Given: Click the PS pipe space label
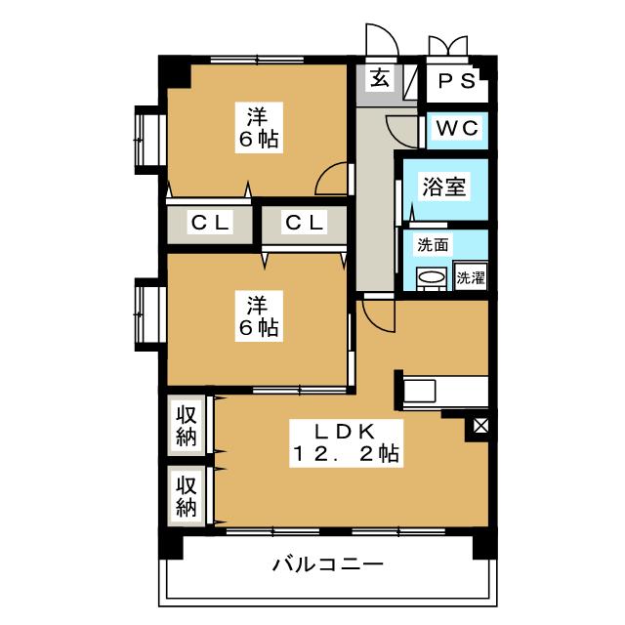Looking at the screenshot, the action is (x=456, y=81).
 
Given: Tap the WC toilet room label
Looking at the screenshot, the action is (x=457, y=128).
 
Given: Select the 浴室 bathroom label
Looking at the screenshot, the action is (x=444, y=186).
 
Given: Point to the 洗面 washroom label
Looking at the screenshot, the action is (x=433, y=245).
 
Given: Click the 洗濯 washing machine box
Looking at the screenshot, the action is (x=471, y=275).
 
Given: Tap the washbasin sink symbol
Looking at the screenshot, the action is (x=431, y=276).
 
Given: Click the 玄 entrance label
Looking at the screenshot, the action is (x=380, y=77).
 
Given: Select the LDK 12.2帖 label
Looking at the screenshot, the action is (x=346, y=442).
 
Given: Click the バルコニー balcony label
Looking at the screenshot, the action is (x=328, y=564).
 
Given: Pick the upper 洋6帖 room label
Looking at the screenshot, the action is (x=259, y=128).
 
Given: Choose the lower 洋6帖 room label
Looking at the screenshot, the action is (x=259, y=316).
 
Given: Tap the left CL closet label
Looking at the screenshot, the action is (x=210, y=223).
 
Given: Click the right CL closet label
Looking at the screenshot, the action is (x=305, y=223).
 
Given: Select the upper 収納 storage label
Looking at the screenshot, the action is (x=187, y=426).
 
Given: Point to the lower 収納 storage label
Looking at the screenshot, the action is (x=187, y=496).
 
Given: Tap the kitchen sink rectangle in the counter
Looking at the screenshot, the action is (x=420, y=391).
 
